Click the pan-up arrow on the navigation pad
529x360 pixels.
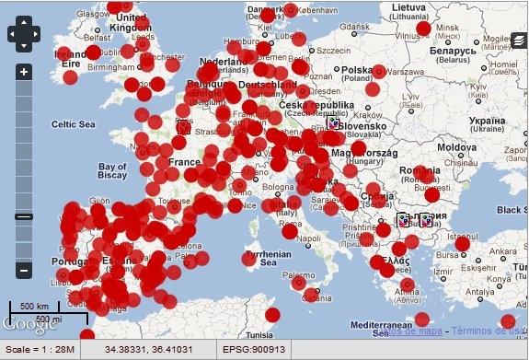23,22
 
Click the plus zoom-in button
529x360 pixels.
23,72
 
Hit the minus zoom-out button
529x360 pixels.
23,271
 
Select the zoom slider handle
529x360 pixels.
23,217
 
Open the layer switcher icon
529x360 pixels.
520,41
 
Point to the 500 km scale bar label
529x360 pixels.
34,306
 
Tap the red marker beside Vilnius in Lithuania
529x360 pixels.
424,29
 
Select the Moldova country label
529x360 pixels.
457,147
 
